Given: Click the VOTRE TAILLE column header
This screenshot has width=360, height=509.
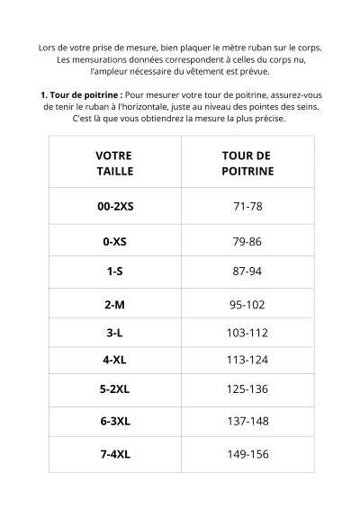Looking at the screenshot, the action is tap(114, 163).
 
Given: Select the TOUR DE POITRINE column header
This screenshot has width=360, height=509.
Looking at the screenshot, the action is tap(247, 163).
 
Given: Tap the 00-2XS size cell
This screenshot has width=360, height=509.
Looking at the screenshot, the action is tap(114, 206).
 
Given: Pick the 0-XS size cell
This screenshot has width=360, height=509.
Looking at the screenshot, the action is tap(114, 242).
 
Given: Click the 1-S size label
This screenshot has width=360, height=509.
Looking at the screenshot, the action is tap(114, 271).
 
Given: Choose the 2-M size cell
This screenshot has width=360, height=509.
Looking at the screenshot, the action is tap(114, 305).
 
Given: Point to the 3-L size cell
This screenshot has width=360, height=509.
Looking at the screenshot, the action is tap(114, 333).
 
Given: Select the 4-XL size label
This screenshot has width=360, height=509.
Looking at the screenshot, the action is tap(114, 361).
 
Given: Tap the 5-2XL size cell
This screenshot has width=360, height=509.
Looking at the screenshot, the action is tap(114, 390).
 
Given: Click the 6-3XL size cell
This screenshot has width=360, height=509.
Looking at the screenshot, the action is tap(114, 421).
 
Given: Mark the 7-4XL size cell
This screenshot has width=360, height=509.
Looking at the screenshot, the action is tap(114, 454).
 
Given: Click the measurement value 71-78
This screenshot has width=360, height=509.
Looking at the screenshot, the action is tap(247, 206).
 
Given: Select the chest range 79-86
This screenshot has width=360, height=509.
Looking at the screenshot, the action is tap(247, 242).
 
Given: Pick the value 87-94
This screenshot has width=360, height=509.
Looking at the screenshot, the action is tap(247, 271).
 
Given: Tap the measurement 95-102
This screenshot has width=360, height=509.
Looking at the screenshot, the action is tap(247, 305).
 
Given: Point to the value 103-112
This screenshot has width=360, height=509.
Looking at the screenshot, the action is tap(247, 333).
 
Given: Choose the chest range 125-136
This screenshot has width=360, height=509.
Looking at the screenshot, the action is tap(247, 390).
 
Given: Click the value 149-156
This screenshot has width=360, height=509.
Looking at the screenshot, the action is tap(247, 454).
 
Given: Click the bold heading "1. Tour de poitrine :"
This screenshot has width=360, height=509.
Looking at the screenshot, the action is tap(81, 94).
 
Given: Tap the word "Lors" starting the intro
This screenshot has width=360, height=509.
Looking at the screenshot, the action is tap(49, 47).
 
